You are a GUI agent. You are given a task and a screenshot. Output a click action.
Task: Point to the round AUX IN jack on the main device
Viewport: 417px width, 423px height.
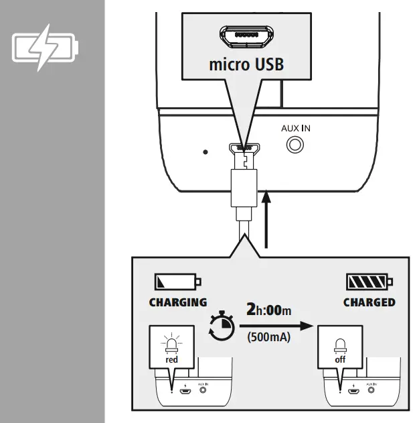tap(294, 144)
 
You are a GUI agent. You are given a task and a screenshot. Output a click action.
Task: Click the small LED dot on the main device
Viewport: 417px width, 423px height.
tap(205, 152)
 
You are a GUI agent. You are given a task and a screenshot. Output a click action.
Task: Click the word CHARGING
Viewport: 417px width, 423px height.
tap(178, 302)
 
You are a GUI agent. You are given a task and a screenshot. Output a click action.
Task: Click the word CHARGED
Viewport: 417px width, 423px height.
tap(369, 302)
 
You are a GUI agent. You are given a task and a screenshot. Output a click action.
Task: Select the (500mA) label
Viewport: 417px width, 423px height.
tap(268, 337)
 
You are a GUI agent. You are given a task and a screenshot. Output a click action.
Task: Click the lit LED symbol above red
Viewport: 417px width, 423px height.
tap(173, 343)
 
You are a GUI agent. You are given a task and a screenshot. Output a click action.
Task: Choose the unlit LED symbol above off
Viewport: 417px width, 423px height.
tap(340, 344)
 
